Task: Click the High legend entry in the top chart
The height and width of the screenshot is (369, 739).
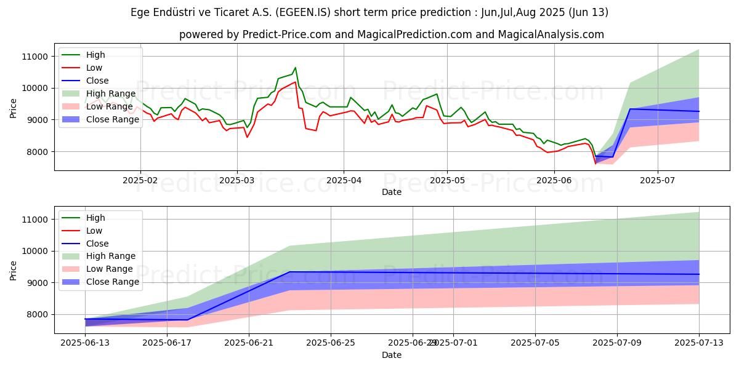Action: (95, 55)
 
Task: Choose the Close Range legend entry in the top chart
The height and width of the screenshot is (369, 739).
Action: (113, 119)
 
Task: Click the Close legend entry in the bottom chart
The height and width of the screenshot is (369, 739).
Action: (97, 244)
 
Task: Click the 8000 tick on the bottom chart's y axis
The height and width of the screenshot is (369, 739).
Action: (38, 315)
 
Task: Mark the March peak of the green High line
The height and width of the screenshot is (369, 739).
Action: (295, 68)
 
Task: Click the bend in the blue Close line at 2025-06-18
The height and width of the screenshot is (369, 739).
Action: (188, 319)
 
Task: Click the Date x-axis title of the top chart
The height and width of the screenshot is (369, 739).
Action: (392, 192)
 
